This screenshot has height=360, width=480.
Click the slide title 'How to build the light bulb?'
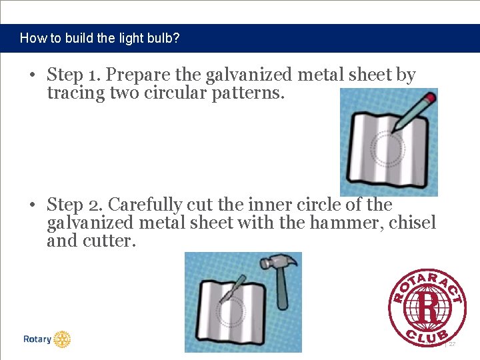pyautogui.click(x=99, y=38)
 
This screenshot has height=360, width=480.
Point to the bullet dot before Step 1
pyautogui.click(x=32, y=75)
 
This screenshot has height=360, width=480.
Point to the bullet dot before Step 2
pyautogui.click(x=32, y=205)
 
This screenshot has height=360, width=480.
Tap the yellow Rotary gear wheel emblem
pyautogui.click(x=62, y=339)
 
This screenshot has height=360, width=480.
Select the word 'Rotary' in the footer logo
pyautogui.click(x=37, y=339)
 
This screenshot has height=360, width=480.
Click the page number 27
pyautogui.click(x=451, y=344)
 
